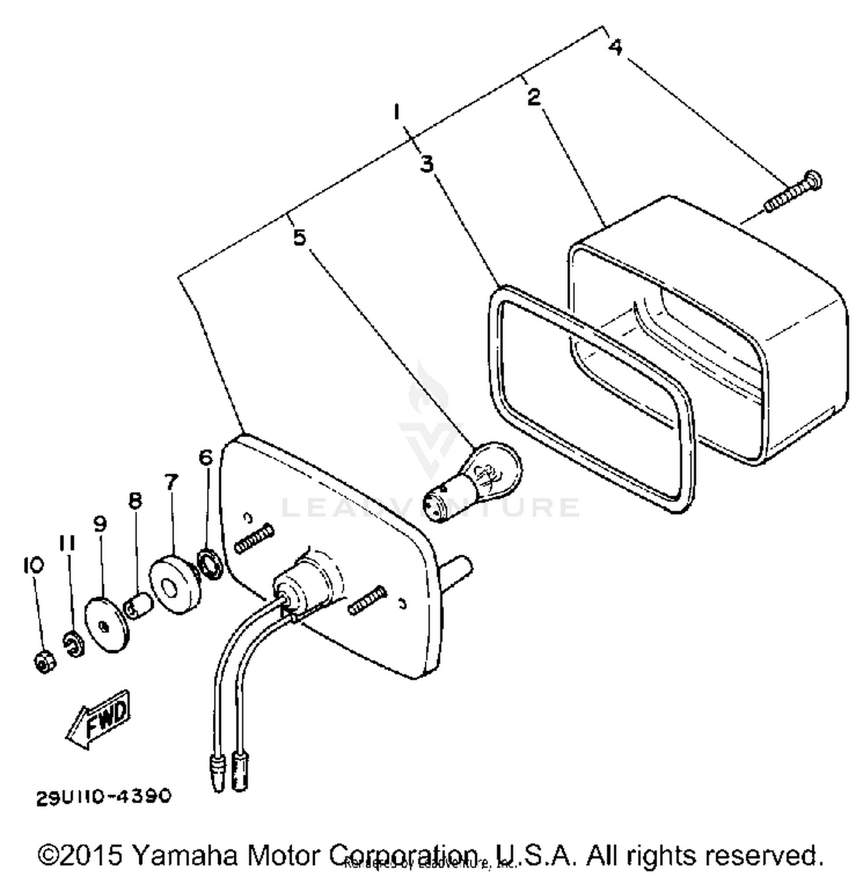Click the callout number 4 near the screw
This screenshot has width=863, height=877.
pos(615,47)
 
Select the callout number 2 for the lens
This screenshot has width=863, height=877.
pos(534,97)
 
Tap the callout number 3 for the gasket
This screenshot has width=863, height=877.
pos(426,164)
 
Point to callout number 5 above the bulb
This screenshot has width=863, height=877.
pos(299,237)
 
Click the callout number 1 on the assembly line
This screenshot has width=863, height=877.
pos(396,111)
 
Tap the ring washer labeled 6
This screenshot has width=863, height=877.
pos(210,564)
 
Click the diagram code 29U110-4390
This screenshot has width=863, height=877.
pos(104,796)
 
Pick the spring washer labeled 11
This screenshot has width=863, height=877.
pos(74,643)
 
